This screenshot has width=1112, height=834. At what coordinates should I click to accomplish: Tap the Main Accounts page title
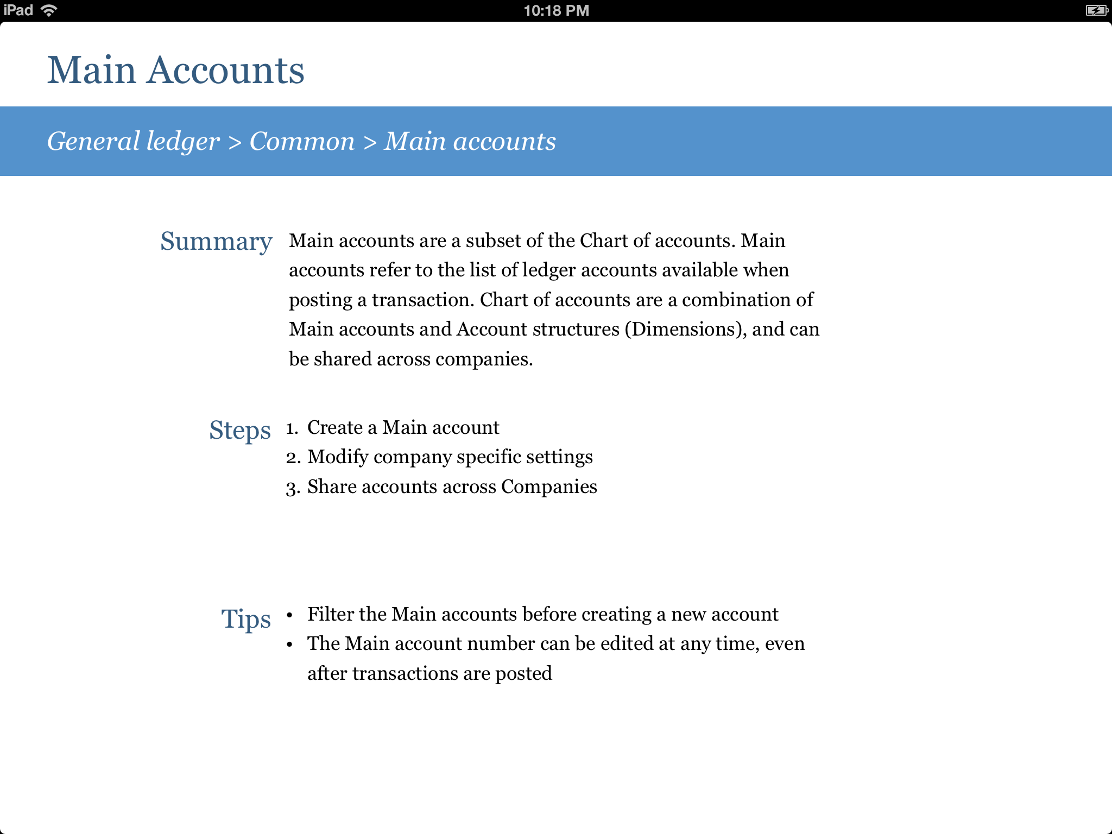[175, 71]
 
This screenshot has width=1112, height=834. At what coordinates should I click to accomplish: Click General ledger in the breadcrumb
[134, 142]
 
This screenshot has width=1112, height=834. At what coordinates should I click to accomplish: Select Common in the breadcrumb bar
[302, 142]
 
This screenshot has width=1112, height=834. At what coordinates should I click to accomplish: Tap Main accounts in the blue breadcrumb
[470, 142]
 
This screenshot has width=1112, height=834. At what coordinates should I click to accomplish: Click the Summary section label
[216, 242]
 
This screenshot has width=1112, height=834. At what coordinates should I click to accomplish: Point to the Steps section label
[239, 431]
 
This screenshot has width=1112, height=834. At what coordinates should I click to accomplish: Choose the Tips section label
[245, 619]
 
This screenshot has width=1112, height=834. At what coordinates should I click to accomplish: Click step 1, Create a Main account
[403, 428]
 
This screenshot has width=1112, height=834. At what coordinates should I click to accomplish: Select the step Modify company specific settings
[450, 457]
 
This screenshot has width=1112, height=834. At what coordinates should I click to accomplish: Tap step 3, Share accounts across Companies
[452, 487]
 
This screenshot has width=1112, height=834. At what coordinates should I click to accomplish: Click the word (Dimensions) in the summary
[686, 330]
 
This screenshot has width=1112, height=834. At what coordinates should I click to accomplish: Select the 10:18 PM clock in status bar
[556, 11]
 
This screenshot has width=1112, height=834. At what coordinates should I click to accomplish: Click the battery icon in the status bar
[1096, 11]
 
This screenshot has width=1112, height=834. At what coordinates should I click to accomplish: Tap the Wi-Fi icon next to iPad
[49, 10]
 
